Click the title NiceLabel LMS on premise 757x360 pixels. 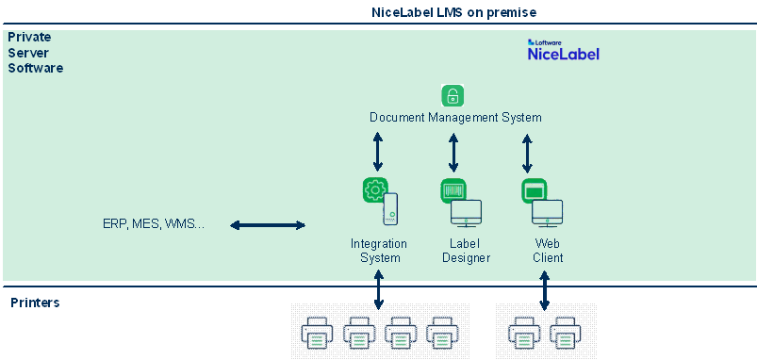pyautogui.click(x=453, y=12)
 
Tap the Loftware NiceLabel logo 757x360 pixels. pyautogui.click(x=564, y=50)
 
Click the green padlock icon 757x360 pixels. pyautogui.click(x=453, y=95)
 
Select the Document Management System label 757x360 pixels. pyautogui.click(x=455, y=117)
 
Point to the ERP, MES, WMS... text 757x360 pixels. pyautogui.click(x=154, y=224)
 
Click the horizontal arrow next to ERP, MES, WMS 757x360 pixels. pyautogui.click(x=268, y=225)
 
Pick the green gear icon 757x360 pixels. pyautogui.click(x=375, y=190)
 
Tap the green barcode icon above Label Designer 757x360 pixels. pyautogui.click(x=453, y=190)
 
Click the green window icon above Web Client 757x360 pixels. pyautogui.click(x=534, y=190)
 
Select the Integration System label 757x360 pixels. pyautogui.click(x=380, y=251)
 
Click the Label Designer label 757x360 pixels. pyautogui.click(x=467, y=251)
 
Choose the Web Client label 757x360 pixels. pyautogui.click(x=548, y=251)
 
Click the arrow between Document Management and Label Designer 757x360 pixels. pyautogui.click(x=453, y=153)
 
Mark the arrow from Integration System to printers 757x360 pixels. pyautogui.click(x=379, y=290)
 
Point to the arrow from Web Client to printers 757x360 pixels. pyautogui.click(x=545, y=290)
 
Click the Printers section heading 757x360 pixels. pyautogui.click(x=35, y=303)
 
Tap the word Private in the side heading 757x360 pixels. pyautogui.click(x=29, y=37)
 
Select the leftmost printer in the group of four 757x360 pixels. pyautogui.click(x=318, y=333)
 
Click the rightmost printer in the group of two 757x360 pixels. pyautogui.click(x=566, y=333)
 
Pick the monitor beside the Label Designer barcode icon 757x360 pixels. pyautogui.click(x=466, y=213)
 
